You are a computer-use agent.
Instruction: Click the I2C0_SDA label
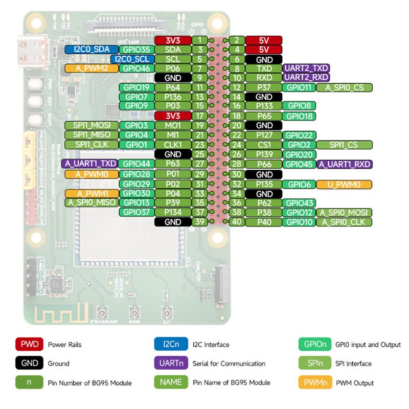coord(92,50)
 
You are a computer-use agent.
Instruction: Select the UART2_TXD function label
coord(306,68)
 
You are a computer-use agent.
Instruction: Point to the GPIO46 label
coord(137,68)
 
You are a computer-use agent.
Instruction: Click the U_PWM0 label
coord(344,184)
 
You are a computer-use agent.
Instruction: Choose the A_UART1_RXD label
coord(344,165)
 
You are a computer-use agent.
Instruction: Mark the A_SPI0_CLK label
coord(344,222)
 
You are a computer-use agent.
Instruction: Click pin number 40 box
coord(237,222)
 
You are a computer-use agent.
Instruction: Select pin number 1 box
coord(199,40)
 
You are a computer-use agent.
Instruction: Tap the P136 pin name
coord(173,97)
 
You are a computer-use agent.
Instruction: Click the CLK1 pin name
coord(173,145)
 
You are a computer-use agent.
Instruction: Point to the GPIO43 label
coord(299,203)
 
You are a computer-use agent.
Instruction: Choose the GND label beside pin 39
coord(173,222)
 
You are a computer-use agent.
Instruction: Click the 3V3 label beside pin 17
coord(173,116)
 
